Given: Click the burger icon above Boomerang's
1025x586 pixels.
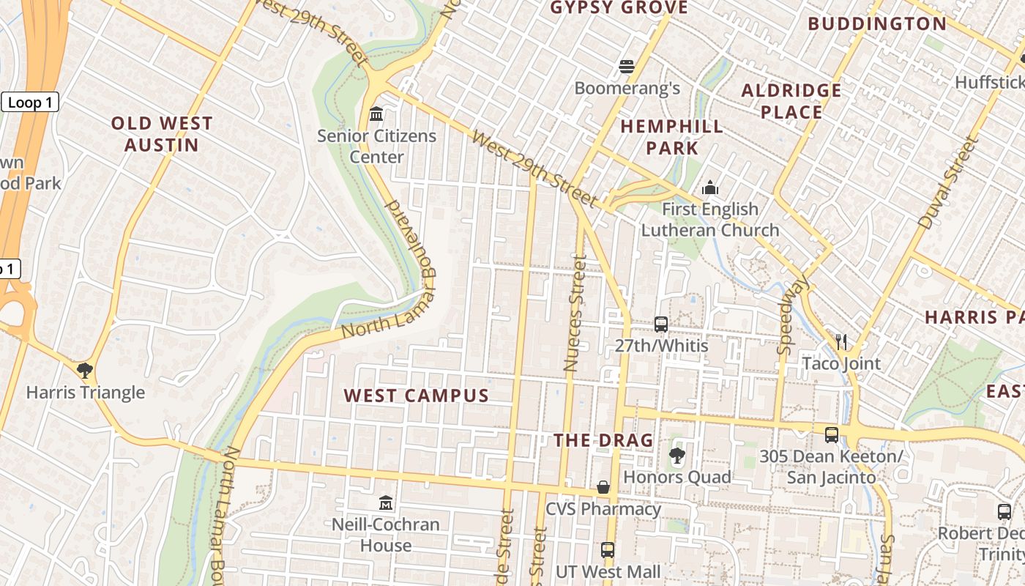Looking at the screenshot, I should pos(626,67).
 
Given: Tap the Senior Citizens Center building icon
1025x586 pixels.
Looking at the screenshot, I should pos(377,114).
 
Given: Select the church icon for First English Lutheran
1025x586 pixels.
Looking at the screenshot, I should pos(709,188).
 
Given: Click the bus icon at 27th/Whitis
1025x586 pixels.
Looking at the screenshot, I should pos(661,324).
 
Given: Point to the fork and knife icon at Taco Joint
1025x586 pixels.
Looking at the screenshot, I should pos(841,341).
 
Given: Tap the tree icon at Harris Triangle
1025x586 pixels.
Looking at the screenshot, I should pos(85,370).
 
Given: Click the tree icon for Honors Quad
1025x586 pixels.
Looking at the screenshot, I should pos(676,456).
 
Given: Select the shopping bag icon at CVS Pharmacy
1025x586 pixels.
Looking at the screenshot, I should pos(603,487).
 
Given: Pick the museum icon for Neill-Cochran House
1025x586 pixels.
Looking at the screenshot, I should pos(386,503).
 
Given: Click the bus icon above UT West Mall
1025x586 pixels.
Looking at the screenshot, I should pos(608,549).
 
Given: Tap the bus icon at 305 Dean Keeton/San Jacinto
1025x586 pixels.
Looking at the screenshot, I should pos(832,434).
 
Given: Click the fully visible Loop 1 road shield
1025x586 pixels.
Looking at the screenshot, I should pos(30,103).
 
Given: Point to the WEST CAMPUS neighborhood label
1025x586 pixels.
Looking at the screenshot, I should pos(417,396).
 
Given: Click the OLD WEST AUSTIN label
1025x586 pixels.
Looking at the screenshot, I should pos(162,134).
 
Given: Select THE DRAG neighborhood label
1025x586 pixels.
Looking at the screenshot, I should pos(603,440).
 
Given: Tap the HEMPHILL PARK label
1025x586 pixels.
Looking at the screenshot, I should pos(672,137).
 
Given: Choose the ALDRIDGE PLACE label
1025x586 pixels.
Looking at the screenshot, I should pos(791,101).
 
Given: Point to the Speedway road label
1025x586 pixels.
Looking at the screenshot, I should pos(794,314).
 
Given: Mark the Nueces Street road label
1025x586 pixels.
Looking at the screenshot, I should pos(575,313).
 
